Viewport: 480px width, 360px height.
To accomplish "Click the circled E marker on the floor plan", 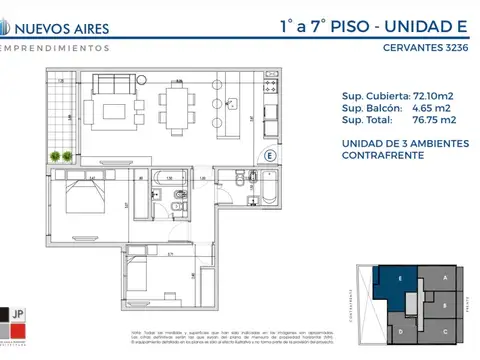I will pos(269,155).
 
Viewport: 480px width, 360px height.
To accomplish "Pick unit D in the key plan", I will pos(400,328).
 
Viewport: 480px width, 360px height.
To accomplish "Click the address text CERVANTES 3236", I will pos(427,46).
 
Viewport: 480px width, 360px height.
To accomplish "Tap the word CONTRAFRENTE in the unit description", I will pos(380,155).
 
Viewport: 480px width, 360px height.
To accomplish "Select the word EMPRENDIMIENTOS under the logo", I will pos(55,47).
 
